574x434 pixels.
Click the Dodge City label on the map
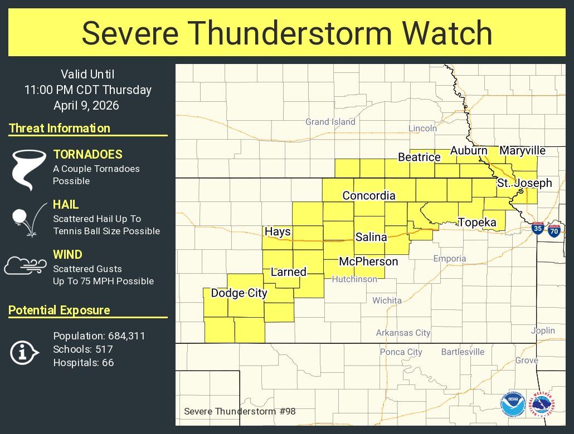click(239, 293)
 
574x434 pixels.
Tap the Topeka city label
click(477, 223)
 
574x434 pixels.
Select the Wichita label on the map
click(387, 300)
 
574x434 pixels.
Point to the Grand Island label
click(330, 122)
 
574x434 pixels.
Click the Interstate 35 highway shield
click(538, 229)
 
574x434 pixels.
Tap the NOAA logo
click(513, 405)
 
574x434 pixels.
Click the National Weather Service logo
click(543, 405)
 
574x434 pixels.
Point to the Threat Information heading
click(60, 129)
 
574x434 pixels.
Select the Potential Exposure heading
click(59, 310)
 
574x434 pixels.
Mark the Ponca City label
click(401, 352)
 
